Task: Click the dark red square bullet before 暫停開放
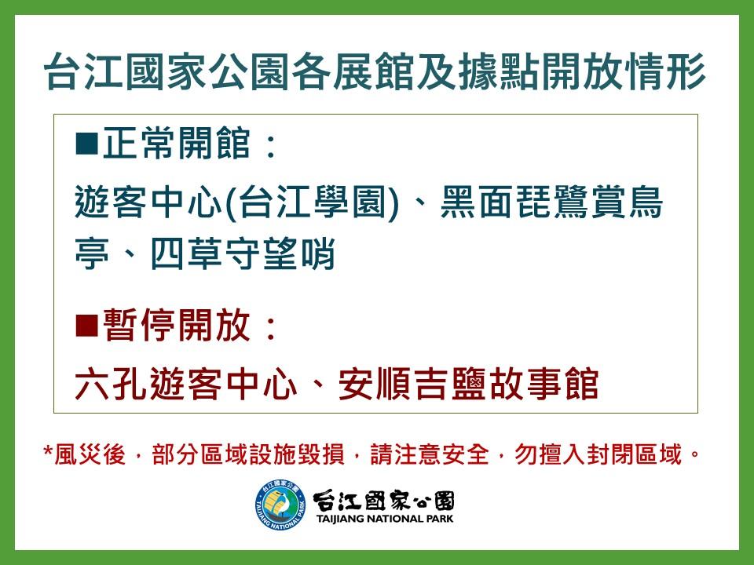(87, 325)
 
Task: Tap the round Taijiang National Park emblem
(281, 505)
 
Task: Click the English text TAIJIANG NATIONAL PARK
(385, 519)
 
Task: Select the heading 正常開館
(176, 143)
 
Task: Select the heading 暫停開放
(176, 325)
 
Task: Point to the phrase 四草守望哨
(243, 253)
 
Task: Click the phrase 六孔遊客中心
(186, 384)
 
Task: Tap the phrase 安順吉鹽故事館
(468, 384)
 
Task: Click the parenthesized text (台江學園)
(312, 202)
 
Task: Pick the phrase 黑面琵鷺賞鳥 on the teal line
(551, 202)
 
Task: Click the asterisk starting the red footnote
(48, 452)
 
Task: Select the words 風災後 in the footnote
(90, 454)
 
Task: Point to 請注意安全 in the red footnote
(430, 454)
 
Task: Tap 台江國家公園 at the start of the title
(167, 71)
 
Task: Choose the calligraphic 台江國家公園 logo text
(383, 501)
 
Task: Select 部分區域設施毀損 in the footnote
(248, 454)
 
